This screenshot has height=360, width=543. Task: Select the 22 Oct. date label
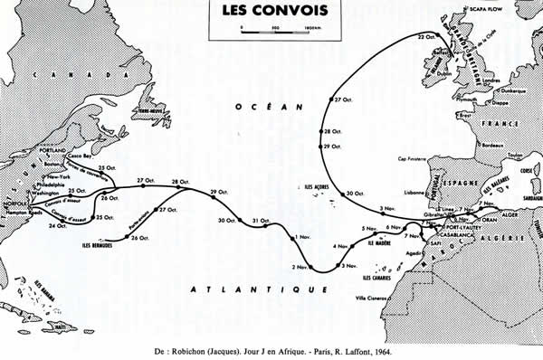428,36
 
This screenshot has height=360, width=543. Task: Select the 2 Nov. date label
300,267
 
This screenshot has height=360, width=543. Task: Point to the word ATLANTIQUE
260,289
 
